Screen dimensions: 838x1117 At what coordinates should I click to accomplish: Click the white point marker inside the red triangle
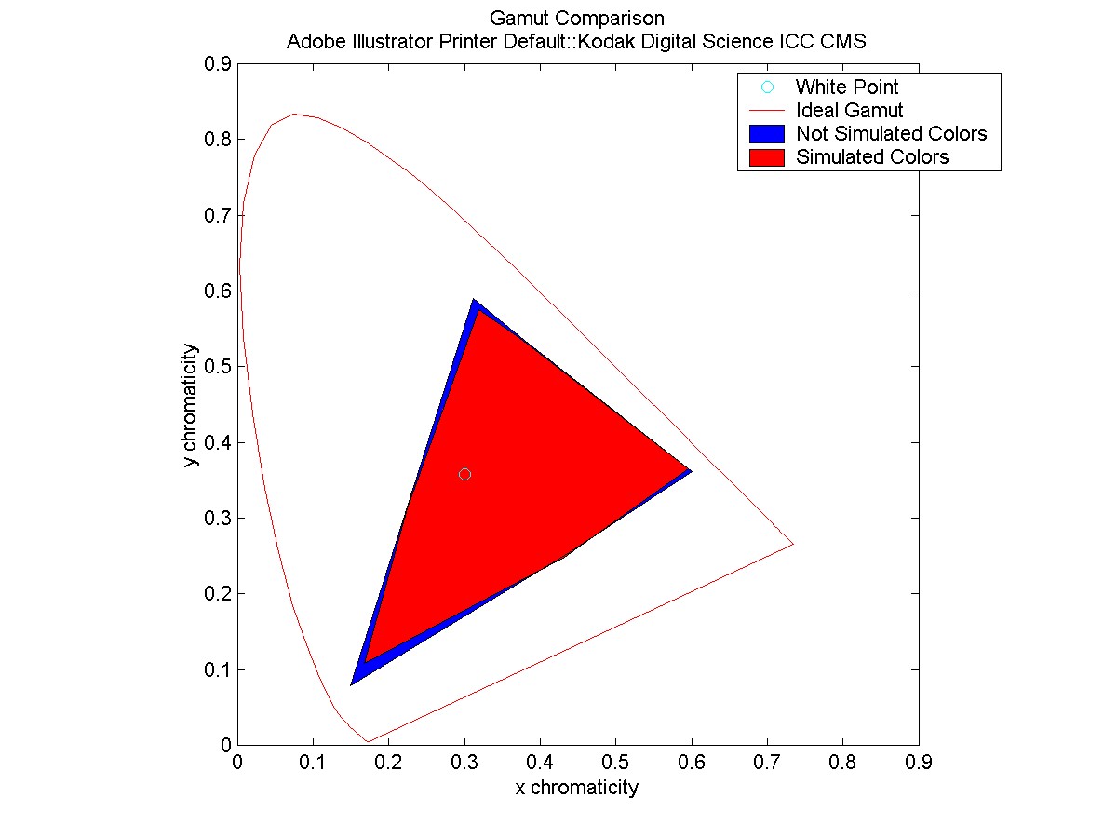tap(464, 474)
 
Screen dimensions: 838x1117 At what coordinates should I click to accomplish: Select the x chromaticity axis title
tap(577, 788)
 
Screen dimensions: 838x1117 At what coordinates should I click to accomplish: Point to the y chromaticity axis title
tap(192, 405)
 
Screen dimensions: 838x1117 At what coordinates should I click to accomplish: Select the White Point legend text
tap(846, 88)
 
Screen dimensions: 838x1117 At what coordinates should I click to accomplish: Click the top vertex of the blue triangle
tap(474, 300)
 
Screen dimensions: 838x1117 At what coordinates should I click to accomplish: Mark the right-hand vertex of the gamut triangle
tap(691, 471)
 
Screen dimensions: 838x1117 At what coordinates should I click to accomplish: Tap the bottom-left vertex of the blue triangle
tap(352, 683)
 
